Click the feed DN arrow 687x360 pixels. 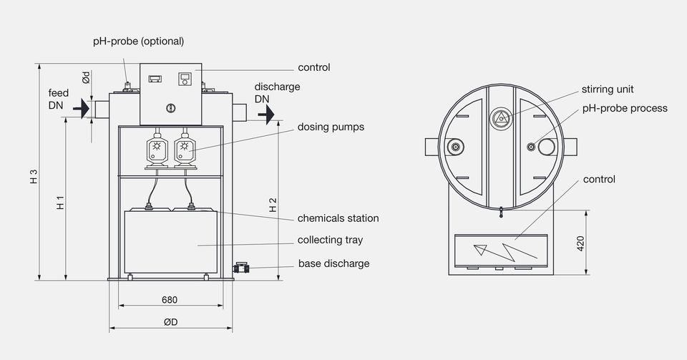click(x=82, y=108)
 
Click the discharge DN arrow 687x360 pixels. click(x=266, y=115)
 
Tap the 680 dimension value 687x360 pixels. click(x=170, y=300)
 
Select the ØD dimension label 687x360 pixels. click(x=171, y=322)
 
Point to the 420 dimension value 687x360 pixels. click(x=580, y=243)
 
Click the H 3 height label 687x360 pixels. click(x=34, y=177)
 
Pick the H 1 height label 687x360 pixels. click(x=60, y=203)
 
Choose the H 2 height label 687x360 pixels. click(x=273, y=205)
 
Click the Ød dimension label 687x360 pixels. click(x=86, y=77)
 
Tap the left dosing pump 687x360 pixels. click(x=157, y=150)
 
